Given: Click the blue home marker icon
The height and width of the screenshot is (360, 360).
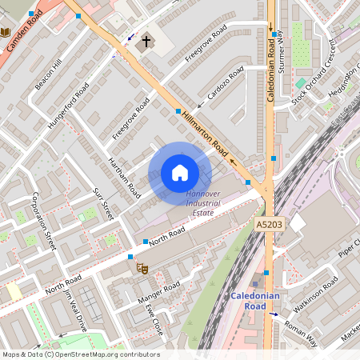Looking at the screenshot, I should [180, 173].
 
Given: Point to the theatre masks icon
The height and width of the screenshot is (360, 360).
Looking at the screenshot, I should [142, 270].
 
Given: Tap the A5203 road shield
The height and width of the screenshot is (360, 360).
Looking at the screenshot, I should [271, 226].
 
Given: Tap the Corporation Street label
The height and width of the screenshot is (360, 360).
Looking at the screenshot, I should [42, 221].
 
